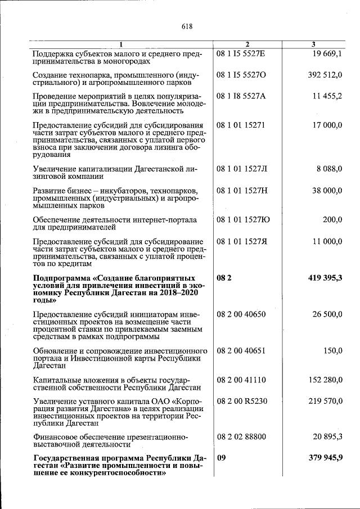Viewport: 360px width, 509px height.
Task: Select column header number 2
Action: click(247, 44)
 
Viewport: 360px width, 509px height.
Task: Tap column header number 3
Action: click(313, 44)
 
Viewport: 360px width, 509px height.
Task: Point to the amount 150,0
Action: click(333, 350)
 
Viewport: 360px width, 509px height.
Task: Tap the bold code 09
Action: click(221, 458)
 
